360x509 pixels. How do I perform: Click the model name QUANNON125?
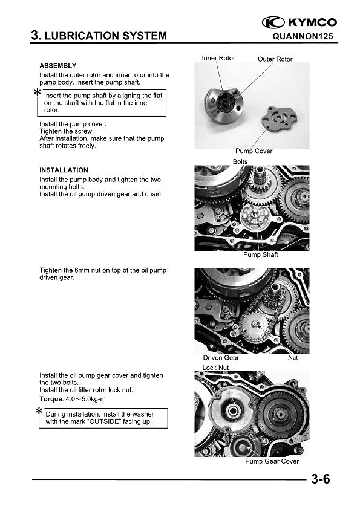point(303,36)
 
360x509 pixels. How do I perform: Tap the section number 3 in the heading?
point(34,36)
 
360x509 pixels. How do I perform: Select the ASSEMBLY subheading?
point(58,66)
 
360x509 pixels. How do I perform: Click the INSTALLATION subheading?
point(64,170)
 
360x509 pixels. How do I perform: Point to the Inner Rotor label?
point(218,58)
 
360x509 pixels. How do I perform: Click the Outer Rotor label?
point(275,59)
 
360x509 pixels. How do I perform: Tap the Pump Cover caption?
point(254,151)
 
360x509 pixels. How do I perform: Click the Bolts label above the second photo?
point(240,161)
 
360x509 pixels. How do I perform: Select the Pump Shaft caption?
point(261,255)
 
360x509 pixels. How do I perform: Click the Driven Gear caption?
point(221,358)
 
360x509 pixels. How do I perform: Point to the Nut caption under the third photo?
point(293,357)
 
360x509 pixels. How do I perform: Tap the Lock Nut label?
point(216,368)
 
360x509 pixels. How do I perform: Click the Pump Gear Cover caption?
point(272,461)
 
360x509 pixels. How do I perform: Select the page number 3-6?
point(320,479)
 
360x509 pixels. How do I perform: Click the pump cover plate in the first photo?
point(279,118)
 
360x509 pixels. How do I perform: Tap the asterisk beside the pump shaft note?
point(38,92)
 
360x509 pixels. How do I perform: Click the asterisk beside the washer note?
point(39,411)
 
